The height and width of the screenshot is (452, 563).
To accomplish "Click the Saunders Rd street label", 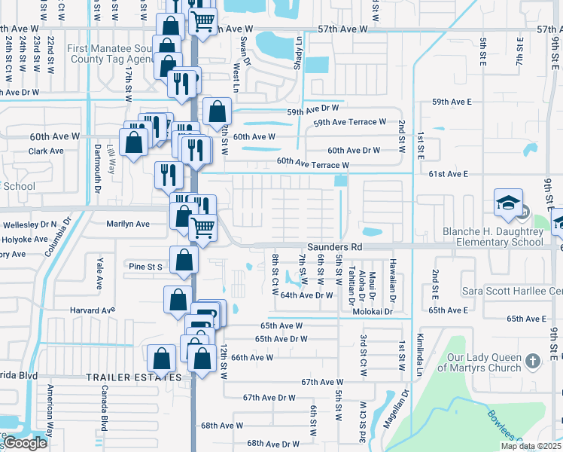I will click(x=335, y=246).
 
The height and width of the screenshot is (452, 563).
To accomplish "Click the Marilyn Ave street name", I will click(x=128, y=224).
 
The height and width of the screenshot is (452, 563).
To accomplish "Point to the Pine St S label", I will click(x=146, y=267).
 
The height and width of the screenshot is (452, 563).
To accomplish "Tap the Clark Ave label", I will click(x=46, y=151).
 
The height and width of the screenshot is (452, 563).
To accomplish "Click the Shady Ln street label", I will click(x=298, y=52).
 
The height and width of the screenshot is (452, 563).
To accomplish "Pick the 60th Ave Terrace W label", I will click(x=313, y=163).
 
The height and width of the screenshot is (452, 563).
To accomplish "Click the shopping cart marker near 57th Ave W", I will click(x=202, y=22).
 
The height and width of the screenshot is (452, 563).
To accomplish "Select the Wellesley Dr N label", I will click(x=28, y=224).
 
